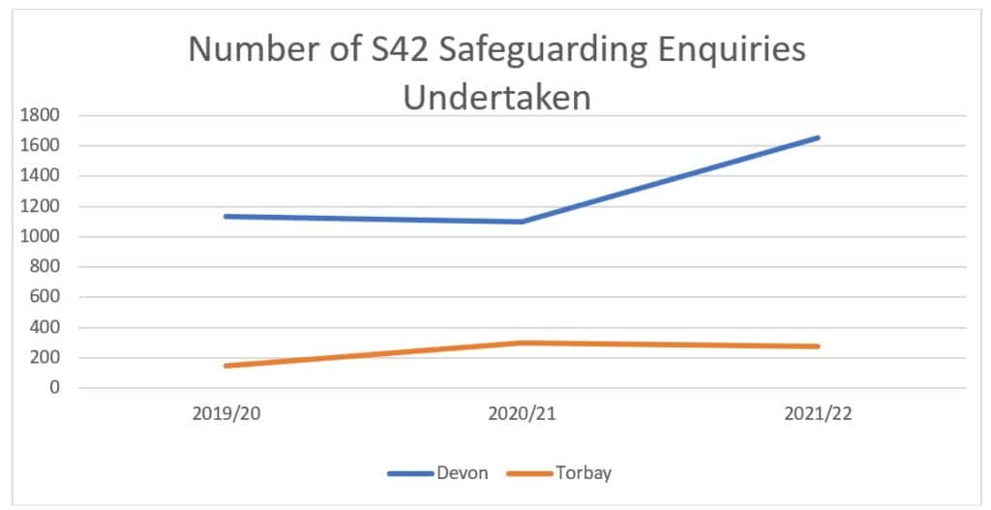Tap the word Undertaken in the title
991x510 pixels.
pyautogui.click(x=496, y=98)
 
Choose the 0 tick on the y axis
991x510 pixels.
pyautogui.click(x=55, y=388)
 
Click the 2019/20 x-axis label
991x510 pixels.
pyautogui.click(x=225, y=414)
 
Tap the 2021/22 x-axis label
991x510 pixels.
pyautogui.click(x=818, y=414)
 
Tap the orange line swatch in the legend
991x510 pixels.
pyautogui.click(x=527, y=473)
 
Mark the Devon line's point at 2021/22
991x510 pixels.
pyautogui.click(x=818, y=137)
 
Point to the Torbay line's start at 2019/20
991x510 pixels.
pyautogui.click(x=225, y=366)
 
